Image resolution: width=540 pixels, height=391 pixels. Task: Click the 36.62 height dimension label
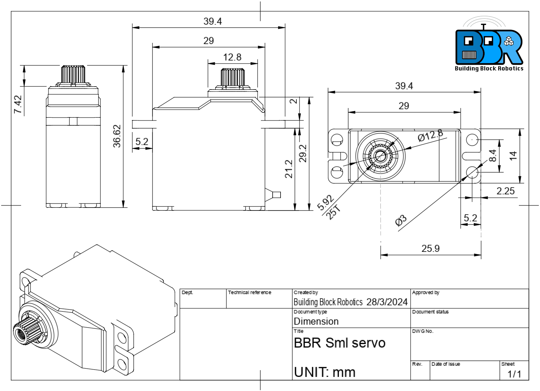coord(117,136)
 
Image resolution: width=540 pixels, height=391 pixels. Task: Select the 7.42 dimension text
coord(18,104)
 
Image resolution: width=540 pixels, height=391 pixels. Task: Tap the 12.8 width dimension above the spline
coord(232,57)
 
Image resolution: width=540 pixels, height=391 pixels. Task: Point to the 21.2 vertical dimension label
coord(288,169)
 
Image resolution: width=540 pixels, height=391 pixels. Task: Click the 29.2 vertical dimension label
coord(303,153)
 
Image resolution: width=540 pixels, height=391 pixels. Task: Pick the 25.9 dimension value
coord(430,248)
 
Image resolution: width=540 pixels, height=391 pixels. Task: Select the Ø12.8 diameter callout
coord(430,135)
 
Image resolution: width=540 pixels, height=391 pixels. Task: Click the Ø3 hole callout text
coord(401,220)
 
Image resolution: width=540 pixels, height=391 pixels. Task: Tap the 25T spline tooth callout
coord(334,212)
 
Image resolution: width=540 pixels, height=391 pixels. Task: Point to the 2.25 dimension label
coord(505,191)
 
